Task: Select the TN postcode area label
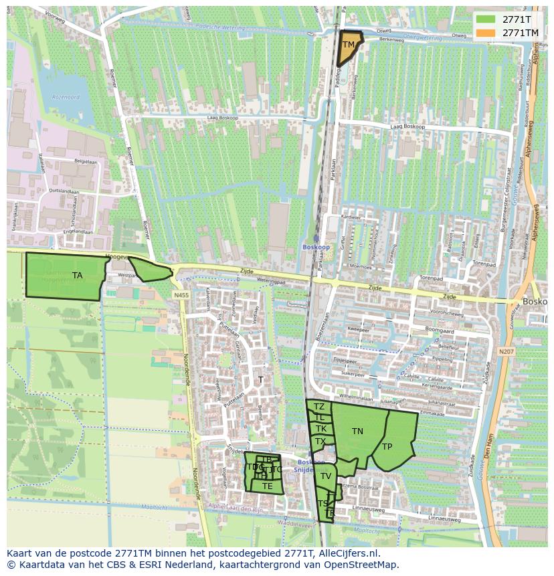click(x=357, y=431)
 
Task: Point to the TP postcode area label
click(x=387, y=447)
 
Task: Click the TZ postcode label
click(x=319, y=407)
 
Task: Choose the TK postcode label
click(x=321, y=429)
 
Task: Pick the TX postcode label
click(x=320, y=442)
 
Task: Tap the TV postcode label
click(x=326, y=476)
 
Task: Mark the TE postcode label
click(x=267, y=486)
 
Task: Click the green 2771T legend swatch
click(x=487, y=19)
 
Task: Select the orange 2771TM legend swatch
click(x=487, y=33)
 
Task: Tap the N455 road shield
click(x=181, y=295)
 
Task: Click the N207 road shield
click(x=506, y=351)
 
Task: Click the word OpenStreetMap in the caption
click(x=364, y=565)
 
